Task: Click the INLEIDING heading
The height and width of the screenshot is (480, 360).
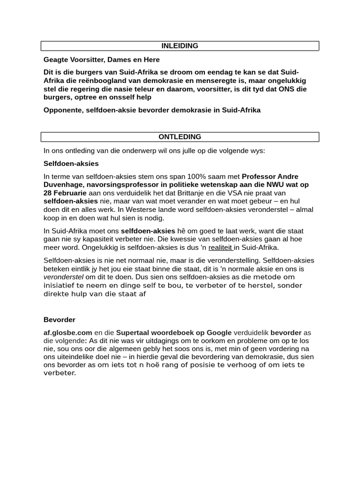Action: pyautogui.click(x=180, y=46)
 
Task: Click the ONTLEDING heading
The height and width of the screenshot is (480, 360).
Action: pyautogui.click(x=180, y=137)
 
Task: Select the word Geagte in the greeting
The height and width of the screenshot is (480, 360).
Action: pyautogui.click(x=55, y=60)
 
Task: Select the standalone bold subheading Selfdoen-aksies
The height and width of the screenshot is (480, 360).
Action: pyautogui.click(x=71, y=164)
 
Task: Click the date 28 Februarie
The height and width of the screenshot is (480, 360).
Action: pyautogui.click(x=65, y=193)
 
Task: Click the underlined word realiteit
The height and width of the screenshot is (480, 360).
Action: pyautogui.click(x=220, y=247)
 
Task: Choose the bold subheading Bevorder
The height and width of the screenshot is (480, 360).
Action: pyautogui.click(x=60, y=320)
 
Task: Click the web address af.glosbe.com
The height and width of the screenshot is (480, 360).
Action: pyautogui.click(x=68, y=333)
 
